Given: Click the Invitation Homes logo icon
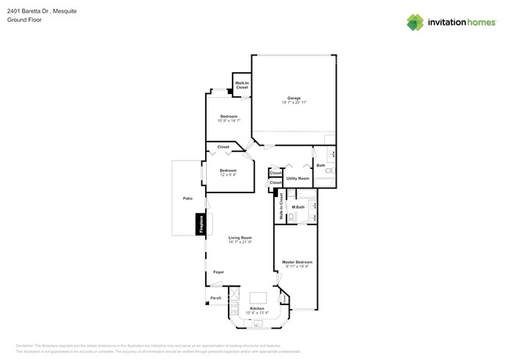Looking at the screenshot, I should tap(415, 22).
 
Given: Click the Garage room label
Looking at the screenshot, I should tap(294, 98).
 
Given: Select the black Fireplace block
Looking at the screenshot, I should tap(200, 224).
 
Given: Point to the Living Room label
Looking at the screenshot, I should tap(240, 237).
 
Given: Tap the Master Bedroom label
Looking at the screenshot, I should tap(297, 262).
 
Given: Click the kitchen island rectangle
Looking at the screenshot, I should tap(258, 298).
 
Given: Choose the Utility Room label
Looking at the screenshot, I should tap(298, 178).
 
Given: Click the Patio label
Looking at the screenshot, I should tap(188, 199).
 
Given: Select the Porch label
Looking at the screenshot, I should tap(215, 298).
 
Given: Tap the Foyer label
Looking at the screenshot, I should tap(218, 272).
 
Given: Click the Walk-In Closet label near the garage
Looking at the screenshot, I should tap(242, 85).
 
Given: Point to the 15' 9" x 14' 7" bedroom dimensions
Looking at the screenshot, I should tap(229, 121).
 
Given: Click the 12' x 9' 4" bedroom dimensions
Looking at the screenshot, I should tap(228, 175).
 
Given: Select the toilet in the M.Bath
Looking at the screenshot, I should tap(291, 217).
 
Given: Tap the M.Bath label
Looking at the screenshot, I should tap(298, 207).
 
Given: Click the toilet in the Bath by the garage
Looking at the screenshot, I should tap(329, 171).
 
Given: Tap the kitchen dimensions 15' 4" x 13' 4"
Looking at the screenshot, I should tap(257, 313).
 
